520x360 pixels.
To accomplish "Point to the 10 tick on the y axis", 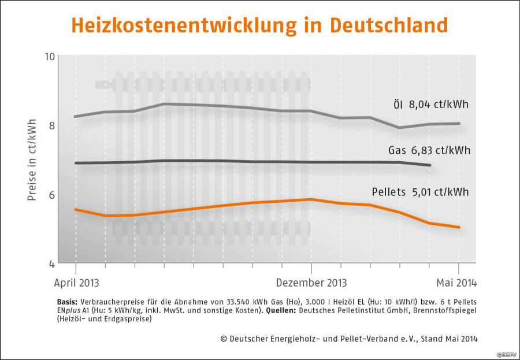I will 49,57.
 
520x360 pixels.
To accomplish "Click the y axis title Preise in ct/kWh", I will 32,160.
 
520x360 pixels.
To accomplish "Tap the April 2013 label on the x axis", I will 76,283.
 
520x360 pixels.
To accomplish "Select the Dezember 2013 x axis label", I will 311,283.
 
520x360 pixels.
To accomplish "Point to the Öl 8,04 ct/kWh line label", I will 427,105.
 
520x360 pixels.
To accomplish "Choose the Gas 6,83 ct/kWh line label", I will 429,151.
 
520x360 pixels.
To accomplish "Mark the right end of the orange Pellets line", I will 459,227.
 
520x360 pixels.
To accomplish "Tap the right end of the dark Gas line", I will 430,166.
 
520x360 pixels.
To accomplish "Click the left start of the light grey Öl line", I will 76,117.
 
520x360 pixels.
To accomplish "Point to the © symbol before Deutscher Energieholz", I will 224,338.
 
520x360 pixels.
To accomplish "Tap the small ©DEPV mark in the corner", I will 506,353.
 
